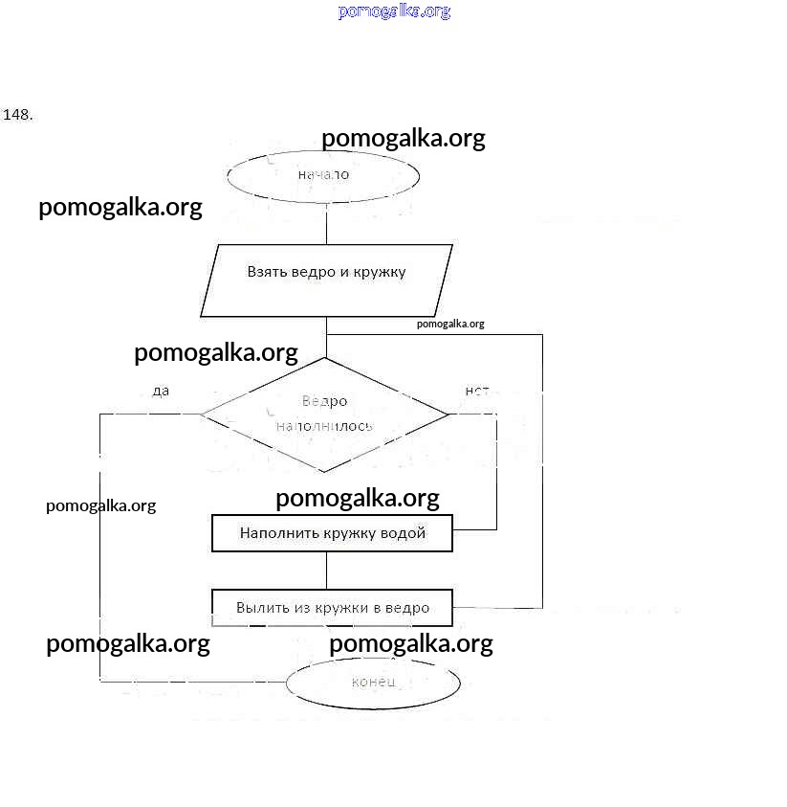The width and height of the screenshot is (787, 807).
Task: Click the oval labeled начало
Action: point(323,175)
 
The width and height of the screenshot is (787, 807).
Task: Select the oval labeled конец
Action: point(373,683)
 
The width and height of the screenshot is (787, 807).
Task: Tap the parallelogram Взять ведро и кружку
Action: point(326,280)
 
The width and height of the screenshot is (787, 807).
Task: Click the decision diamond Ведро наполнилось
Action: point(324,414)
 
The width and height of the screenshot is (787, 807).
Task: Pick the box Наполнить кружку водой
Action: point(332,533)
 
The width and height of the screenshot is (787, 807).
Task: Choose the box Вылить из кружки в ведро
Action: point(332,607)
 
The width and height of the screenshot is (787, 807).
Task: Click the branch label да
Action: point(161,391)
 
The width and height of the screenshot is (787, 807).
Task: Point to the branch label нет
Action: point(476,391)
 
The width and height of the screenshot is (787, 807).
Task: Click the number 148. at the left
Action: point(18,115)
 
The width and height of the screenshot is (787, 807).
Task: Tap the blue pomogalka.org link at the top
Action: point(394,11)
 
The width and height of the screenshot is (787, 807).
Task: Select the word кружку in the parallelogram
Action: point(379,272)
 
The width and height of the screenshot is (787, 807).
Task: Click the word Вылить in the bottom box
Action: point(259,607)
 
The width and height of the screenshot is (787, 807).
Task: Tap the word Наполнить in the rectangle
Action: point(273,533)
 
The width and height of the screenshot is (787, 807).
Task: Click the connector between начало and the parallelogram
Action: point(326,224)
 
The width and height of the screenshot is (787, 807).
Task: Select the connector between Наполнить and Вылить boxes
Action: point(326,570)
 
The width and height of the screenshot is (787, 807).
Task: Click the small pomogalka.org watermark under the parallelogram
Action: point(450,324)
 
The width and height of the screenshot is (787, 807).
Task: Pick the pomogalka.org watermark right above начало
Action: point(403,139)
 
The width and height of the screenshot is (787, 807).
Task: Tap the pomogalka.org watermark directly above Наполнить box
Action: point(357,498)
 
